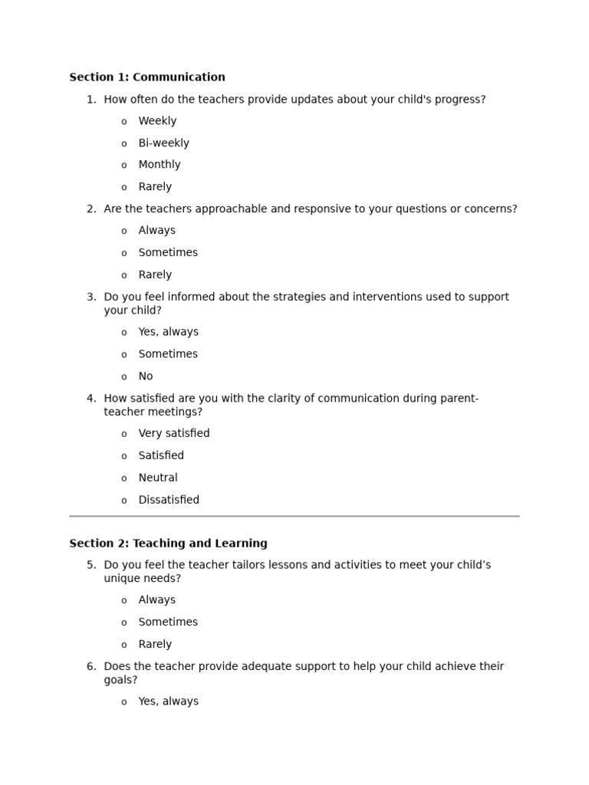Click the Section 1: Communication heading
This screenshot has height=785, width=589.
tap(147, 77)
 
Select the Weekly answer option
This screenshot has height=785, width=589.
tap(157, 121)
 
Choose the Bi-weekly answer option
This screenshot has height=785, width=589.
tap(163, 143)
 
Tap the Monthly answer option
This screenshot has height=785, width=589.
tap(160, 165)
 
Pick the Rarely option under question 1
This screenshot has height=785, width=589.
tap(155, 187)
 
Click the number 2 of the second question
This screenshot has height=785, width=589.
tap(90, 209)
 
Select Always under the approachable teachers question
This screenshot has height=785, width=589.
tap(156, 231)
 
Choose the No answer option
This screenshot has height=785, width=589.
tap(146, 376)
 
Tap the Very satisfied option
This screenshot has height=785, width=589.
tap(173, 434)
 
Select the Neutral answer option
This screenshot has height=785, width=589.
tap(158, 478)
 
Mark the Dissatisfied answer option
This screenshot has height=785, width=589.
tap(169, 501)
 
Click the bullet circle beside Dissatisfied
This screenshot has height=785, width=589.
tap(124, 501)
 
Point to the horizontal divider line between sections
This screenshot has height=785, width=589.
tap(294, 517)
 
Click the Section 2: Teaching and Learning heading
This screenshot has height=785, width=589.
tap(168, 544)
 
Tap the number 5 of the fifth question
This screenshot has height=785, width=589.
tap(90, 566)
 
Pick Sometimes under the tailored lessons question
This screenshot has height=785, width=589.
tap(168, 622)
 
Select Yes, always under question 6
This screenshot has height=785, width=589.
tap(168, 701)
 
